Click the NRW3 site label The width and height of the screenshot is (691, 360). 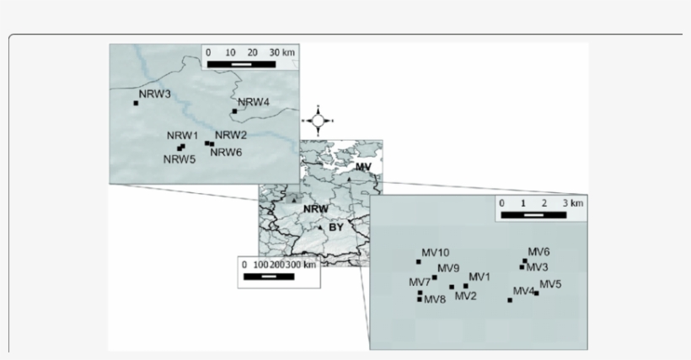[156, 94]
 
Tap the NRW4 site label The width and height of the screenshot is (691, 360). [254, 103]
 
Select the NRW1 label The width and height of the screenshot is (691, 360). [182, 136]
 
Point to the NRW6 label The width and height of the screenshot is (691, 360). [226, 152]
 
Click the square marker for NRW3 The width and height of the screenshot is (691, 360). [137, 103]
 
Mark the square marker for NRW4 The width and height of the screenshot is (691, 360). [233, 110]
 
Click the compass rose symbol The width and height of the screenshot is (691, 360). [318, 121]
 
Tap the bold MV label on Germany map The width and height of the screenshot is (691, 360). [363, 167]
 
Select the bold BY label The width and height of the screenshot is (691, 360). [336, 228]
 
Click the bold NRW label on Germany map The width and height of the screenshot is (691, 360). [317, 208]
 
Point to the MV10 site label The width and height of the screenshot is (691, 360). [436, 252]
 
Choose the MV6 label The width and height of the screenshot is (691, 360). [538, 251]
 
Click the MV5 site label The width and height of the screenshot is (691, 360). [550, 284]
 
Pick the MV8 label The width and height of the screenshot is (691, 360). [435, 299]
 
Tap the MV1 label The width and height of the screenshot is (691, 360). [479, 277]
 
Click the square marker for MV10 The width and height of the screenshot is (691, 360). [419, 262]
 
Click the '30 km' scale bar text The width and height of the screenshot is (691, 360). [283, 52]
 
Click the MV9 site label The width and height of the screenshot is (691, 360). [449, 268]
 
